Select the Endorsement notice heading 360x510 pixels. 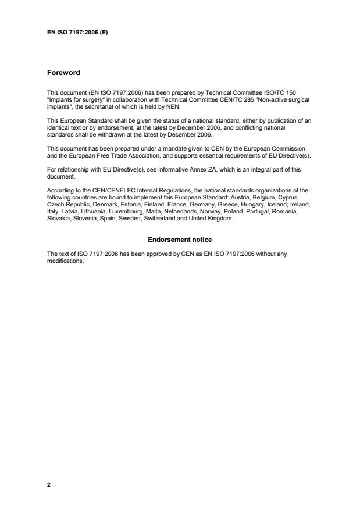(x=180, y=240)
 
